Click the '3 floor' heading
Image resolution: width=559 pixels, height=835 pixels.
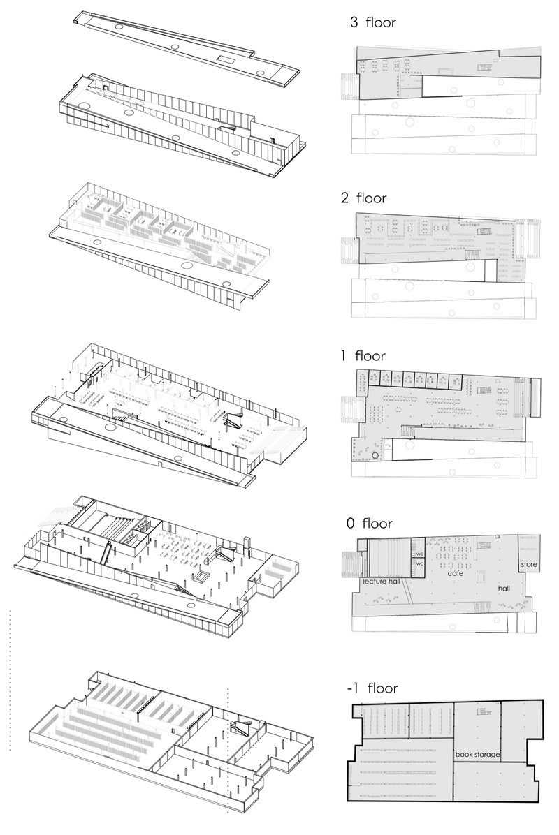373,23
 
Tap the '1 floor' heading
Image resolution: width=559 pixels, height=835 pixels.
363,356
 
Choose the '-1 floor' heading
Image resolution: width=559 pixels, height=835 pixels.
372,688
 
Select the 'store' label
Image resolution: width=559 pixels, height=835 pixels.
528,563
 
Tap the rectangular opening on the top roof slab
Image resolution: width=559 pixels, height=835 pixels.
226,58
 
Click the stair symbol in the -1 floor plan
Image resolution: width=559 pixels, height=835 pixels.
483,712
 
